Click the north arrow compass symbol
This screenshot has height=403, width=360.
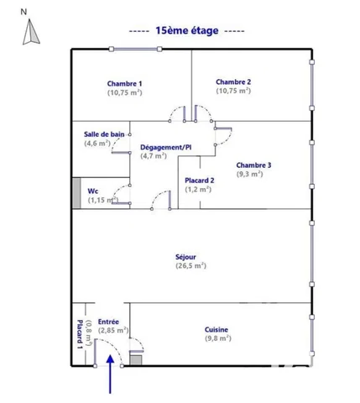pyautogui.click(x=31, y=32)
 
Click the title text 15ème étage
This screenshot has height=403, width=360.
pyautogui.click(x=187, y=30)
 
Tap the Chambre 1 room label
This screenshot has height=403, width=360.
pyautogui.click(x=124, y=84)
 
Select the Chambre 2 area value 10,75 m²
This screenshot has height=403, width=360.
pyautogui.click(x=233, y=91)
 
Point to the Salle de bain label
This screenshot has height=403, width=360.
pyautogui.click(x=104, y=134)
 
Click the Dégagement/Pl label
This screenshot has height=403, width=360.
pyautogui.click(x=166, y=147)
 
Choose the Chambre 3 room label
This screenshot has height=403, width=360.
pyautogui.click(x=253, y=165)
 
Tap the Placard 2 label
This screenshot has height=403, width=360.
pyautogui.click(x=200, y=181)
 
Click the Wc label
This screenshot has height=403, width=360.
pyautogui.click(x=93, y=191)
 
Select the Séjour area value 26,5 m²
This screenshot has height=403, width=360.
pyautogui.click(x=191, y=265)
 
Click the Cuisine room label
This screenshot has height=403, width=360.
pyautogui.click(x=217, y=330)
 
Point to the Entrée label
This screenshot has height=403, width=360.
pyautogui.click(x=108, y=322)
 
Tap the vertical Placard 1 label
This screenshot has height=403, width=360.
pyautogui.click(x=80, y=334)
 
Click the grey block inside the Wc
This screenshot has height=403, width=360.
pyautogui.click(x=76, y=193)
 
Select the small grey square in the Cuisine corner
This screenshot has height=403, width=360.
pyautogui.click(x=136, y=360)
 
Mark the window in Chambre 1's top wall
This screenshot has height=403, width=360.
pyautogui.click(x=135, y=50)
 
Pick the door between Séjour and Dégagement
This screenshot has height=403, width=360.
pyautogui.click(x=161, y=200)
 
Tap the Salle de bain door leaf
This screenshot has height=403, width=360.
pyautogui.click(x=121, y=153)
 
